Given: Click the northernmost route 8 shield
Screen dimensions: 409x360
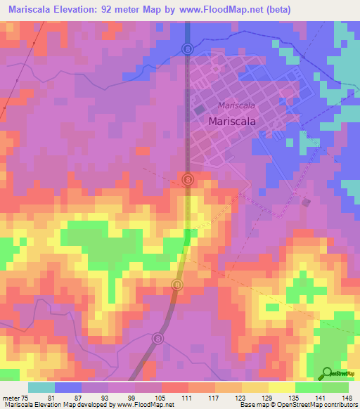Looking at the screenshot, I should (188, 48).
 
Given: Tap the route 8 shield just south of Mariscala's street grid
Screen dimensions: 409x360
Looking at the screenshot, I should (188, 180).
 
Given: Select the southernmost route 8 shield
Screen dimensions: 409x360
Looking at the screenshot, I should (157, 339).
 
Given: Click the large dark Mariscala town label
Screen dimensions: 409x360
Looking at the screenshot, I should (232, 121).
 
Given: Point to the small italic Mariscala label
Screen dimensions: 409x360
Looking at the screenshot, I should (236, 105).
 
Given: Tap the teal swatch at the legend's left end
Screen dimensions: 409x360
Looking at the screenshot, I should (41, 387).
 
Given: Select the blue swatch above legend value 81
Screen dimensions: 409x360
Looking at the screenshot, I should (68, 387).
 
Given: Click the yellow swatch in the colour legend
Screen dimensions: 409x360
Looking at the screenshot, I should (282, 387).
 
